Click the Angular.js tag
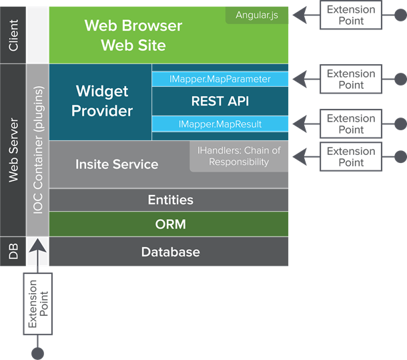[257, 15]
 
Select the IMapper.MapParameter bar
[220, 79]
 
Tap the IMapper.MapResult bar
[220, 124]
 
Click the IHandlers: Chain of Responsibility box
[239, 156]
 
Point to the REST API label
[220, 102]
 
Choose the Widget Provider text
[102, 101]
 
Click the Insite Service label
[117, 164]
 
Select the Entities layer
[170, 200]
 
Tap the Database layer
[170, 252]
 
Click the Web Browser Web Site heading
[133, 35]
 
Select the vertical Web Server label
[13, 150]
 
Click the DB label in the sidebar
[13, 252]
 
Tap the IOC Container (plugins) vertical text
[38, 150]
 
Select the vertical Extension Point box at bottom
[37, 304]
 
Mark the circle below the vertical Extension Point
[37, 353]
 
